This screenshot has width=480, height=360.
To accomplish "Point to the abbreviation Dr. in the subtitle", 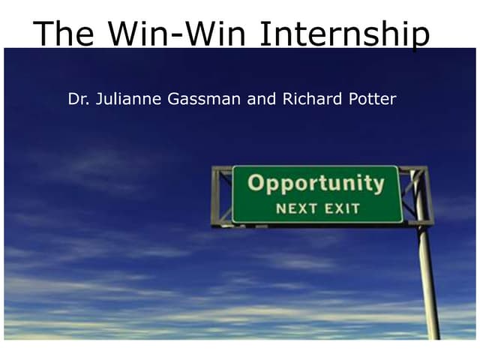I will (76, 99).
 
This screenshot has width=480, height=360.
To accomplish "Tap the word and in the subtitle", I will (262, 99).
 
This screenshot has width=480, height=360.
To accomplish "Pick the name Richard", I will (310, 99).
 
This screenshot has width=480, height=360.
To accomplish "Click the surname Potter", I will (369, 99).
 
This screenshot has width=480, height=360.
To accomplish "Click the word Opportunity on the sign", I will (316, 184).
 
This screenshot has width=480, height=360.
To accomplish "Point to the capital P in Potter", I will (347, 99).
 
